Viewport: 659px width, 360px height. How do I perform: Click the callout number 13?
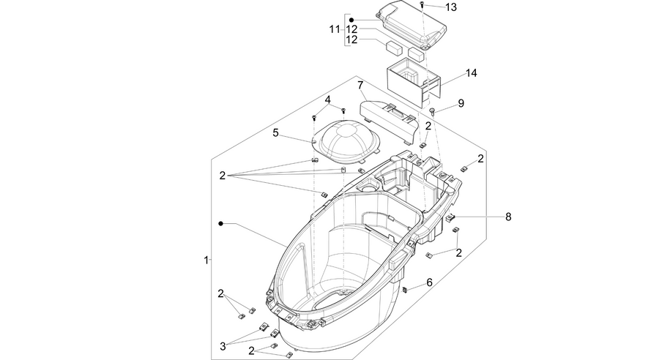click(450, 7)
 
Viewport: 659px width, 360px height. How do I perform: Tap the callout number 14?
click(471, 72)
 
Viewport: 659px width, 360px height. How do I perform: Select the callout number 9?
click(461, 103)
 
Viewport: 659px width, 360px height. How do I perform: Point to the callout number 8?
click(508, 217)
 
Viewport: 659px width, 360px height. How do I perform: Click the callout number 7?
click(360, 86)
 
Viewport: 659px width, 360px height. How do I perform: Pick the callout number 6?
click(429, 282)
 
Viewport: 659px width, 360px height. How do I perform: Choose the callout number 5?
click(275, 132)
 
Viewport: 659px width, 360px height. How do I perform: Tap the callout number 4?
click(327, 100)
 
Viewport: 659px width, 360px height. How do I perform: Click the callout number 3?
click(223, 346)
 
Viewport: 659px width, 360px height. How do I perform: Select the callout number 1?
click(206, 260)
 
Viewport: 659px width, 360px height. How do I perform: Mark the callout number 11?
click(335, 29)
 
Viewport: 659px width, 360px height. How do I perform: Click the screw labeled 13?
click(422, 4)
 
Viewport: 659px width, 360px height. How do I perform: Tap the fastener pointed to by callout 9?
click(433, 111)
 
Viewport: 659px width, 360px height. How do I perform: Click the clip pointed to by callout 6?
click(406, 290)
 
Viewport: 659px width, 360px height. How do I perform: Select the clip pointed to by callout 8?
click(450, 217)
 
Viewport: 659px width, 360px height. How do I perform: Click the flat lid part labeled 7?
click(390, 116)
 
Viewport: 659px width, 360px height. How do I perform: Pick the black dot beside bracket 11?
click(351, 20)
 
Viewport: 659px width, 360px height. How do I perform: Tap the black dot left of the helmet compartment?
click(220, 223)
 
